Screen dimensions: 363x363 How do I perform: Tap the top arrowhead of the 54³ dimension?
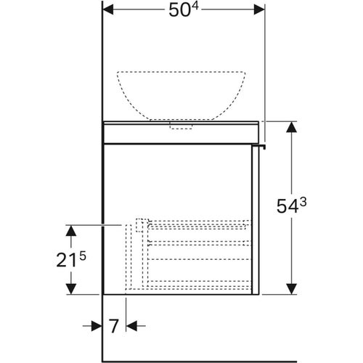(x=291, y=126)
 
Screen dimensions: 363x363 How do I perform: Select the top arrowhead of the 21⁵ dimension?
(x=71, y=229)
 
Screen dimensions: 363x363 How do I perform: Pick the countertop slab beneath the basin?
(x=181, y=132)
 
